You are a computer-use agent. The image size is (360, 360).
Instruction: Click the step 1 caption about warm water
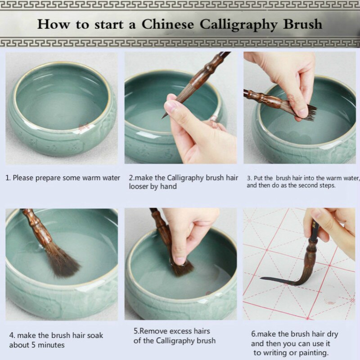click(63, 178)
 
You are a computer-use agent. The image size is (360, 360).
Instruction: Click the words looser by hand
click(153, 186)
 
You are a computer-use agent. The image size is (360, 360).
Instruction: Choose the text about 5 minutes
click(37, 345)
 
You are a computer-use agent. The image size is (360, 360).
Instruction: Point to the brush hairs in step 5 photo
click(182, 269)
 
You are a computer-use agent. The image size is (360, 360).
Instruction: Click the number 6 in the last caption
click(253, 334)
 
